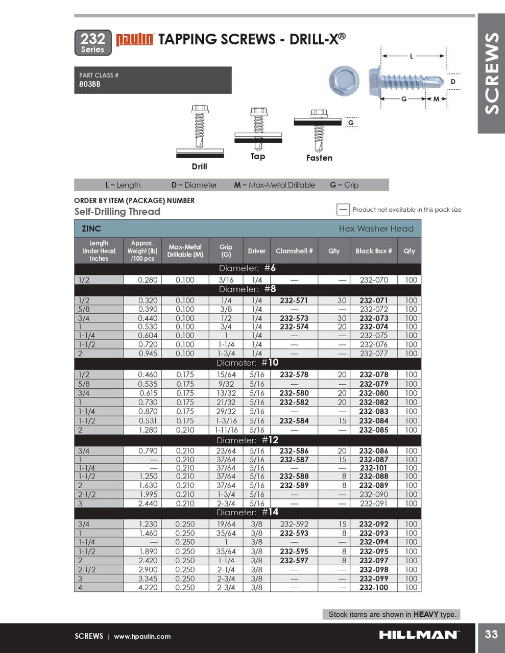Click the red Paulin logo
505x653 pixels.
tap(135, 39)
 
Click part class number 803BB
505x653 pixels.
tap(90, 84)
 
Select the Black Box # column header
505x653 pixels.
tap(373, 251)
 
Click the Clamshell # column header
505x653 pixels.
tap(294, 251)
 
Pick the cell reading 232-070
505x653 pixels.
tap(373, 280)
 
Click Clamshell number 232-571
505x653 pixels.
tap(294, 301)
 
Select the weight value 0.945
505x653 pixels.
tap(148, 354)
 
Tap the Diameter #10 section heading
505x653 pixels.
tap(247, 363)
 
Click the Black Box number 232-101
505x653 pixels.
tap(373, 468)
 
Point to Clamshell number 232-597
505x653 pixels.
tap(294, 561)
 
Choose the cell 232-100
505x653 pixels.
tap(373, 588)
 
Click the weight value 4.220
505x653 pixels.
tap(148, 588)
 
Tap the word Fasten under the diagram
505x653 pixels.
tap(319, 158)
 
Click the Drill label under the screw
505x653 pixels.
tap(199, 167)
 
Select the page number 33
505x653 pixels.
tap(491, 634)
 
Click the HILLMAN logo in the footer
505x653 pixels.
tap(419, 635)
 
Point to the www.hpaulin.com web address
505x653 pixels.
tap(142, 637)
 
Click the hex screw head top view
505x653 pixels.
tap(344, 80)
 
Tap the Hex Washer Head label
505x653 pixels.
tap(376, 229)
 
